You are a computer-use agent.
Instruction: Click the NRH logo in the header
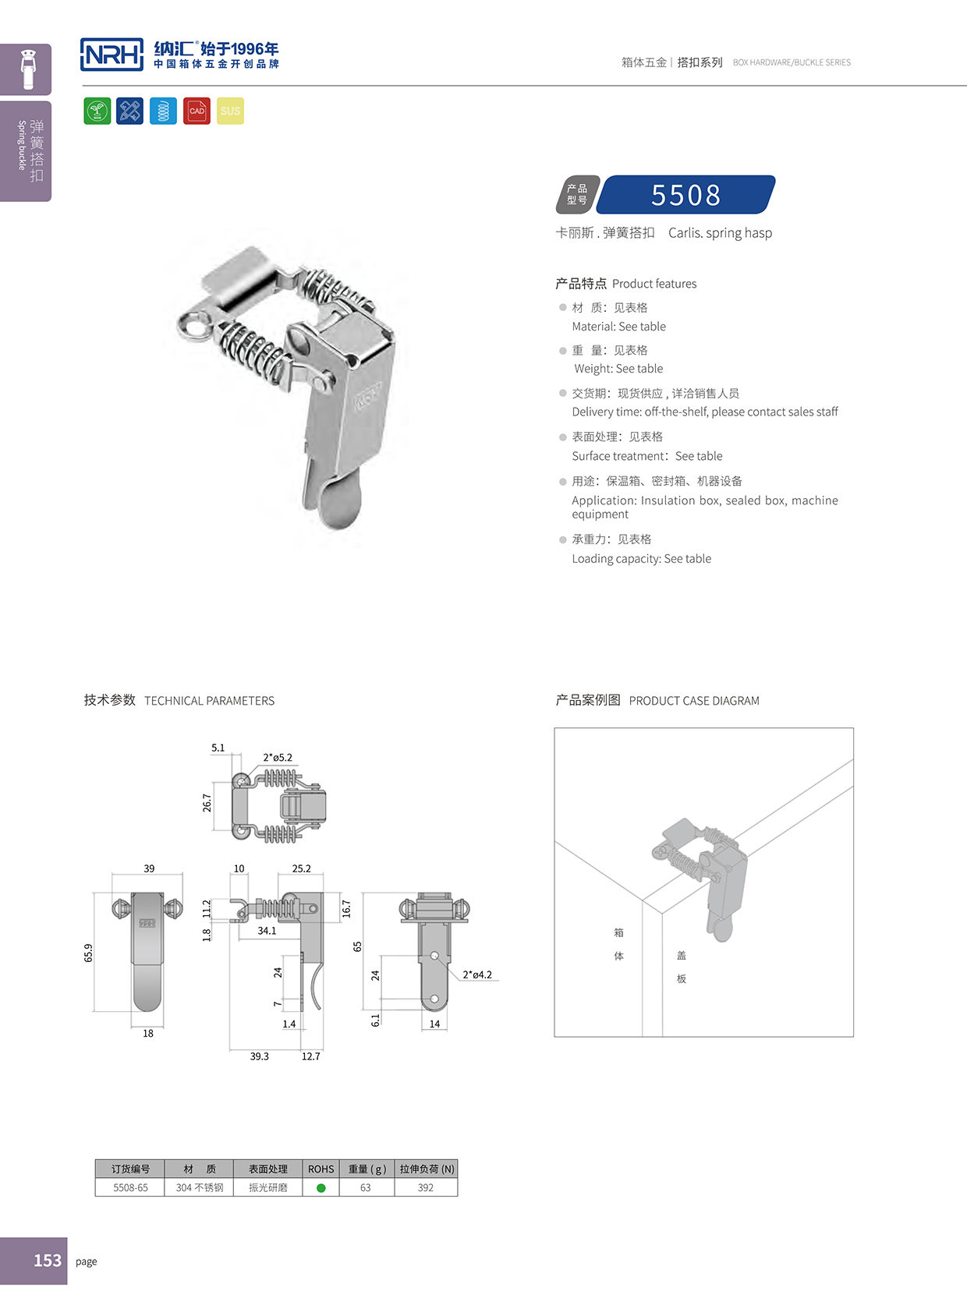[112, 55]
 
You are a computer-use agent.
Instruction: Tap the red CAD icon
[197, 111]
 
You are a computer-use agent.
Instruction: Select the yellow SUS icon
[230, 111]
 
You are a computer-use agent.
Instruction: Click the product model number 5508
[686, 195]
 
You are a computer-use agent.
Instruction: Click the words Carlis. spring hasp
[720, 233]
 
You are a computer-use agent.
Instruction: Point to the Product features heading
[654, 284]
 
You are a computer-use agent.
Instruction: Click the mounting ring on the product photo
[193, 324]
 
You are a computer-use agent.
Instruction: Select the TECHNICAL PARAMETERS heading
[209, 701]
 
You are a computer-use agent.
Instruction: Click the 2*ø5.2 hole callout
[278, 757]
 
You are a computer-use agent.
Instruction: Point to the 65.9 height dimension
[88, 953]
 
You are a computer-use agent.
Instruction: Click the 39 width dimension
[149, 868]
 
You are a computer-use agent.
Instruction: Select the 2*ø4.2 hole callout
[477, 974]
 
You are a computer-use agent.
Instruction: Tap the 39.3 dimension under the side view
[259, 1056]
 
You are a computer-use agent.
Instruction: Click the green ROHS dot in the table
[321, 1188]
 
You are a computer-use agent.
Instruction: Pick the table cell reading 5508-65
[130, 1188]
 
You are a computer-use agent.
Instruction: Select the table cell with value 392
[425, 1188]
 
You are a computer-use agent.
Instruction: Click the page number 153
[47, 1261]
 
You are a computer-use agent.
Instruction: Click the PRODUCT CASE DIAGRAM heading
[693, 701]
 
